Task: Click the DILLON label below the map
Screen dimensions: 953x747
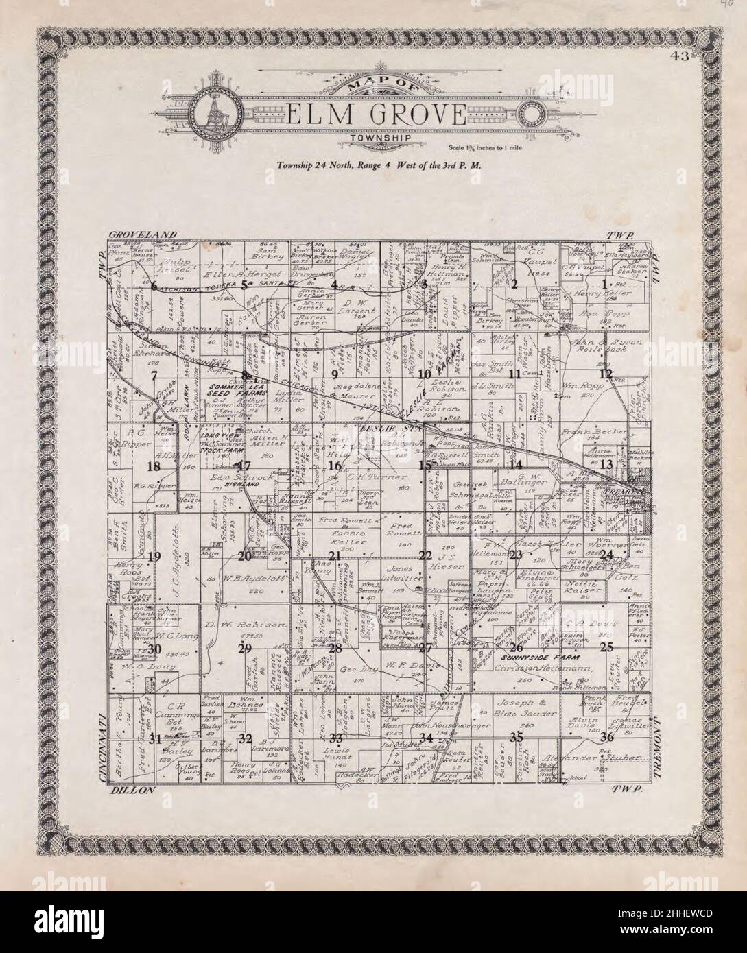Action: click(x=133, y=791)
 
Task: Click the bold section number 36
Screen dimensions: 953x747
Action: click(x=606, y=738)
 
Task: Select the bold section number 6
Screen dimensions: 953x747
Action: click(x=154, y=285)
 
